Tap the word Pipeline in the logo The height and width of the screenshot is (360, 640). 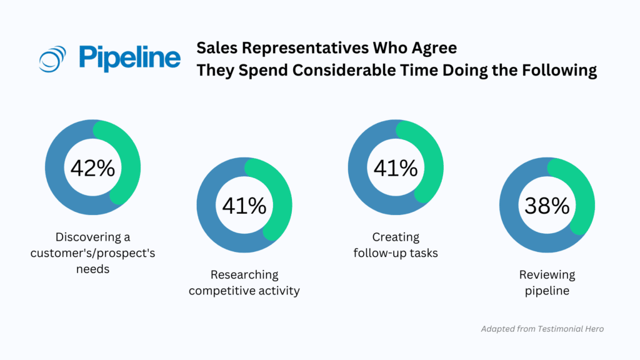(130, 58)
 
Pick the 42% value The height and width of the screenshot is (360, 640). (92, 168)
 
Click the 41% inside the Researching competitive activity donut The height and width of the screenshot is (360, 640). (244, 206)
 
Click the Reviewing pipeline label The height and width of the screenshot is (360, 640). (547, 282)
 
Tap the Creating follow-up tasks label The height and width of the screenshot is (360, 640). (396, 244)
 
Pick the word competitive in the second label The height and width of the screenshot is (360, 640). (222, 291)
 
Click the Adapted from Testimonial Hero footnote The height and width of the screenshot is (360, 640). (542, 329)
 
